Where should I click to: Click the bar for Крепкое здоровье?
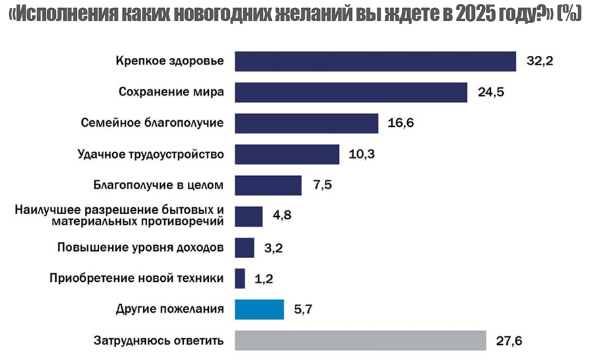pyautogui.click(x=374, y=61)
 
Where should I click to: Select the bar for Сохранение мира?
pyautogui.click(x=350, y=92)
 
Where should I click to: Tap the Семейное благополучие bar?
pyautogui.click(x=306, y=123)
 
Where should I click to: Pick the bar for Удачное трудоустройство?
pyautogui.click(x=286, y=154)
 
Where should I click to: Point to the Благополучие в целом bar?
pyautogui.click(x=267, y=185)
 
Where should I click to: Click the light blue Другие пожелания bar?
pyautogui.click(x=259, y=309)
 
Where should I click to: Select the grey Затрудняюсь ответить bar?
pyautogui.click(x=360, y=340)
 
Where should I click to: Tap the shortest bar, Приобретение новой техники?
pyautogui.click(x=240, y=279)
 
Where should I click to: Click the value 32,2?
pyautogui.click(x=540, y=61)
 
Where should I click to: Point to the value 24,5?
pyautogui.click(x=491, y=92)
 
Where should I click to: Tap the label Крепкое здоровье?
pyautogui.click(x=170, y=61)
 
